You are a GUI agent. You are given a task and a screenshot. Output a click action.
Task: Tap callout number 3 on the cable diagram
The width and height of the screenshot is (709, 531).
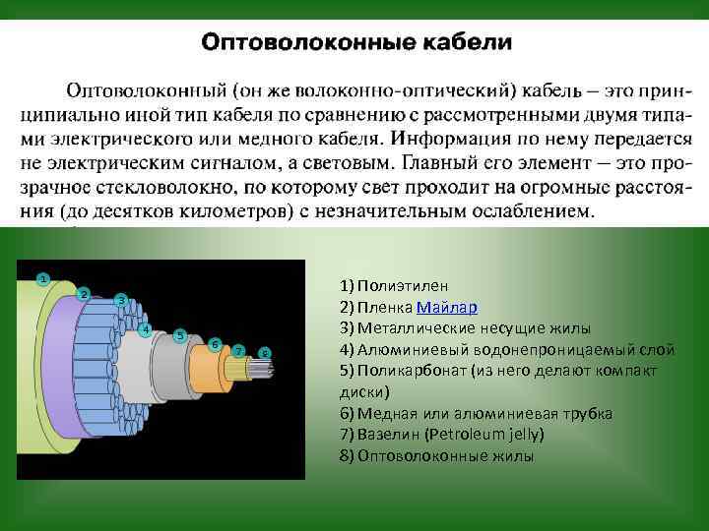[120, 300]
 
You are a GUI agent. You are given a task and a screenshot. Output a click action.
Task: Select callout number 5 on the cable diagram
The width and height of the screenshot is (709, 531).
[180, 335]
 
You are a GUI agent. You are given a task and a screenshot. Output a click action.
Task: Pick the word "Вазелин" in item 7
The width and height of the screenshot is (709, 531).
[391, 434]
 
